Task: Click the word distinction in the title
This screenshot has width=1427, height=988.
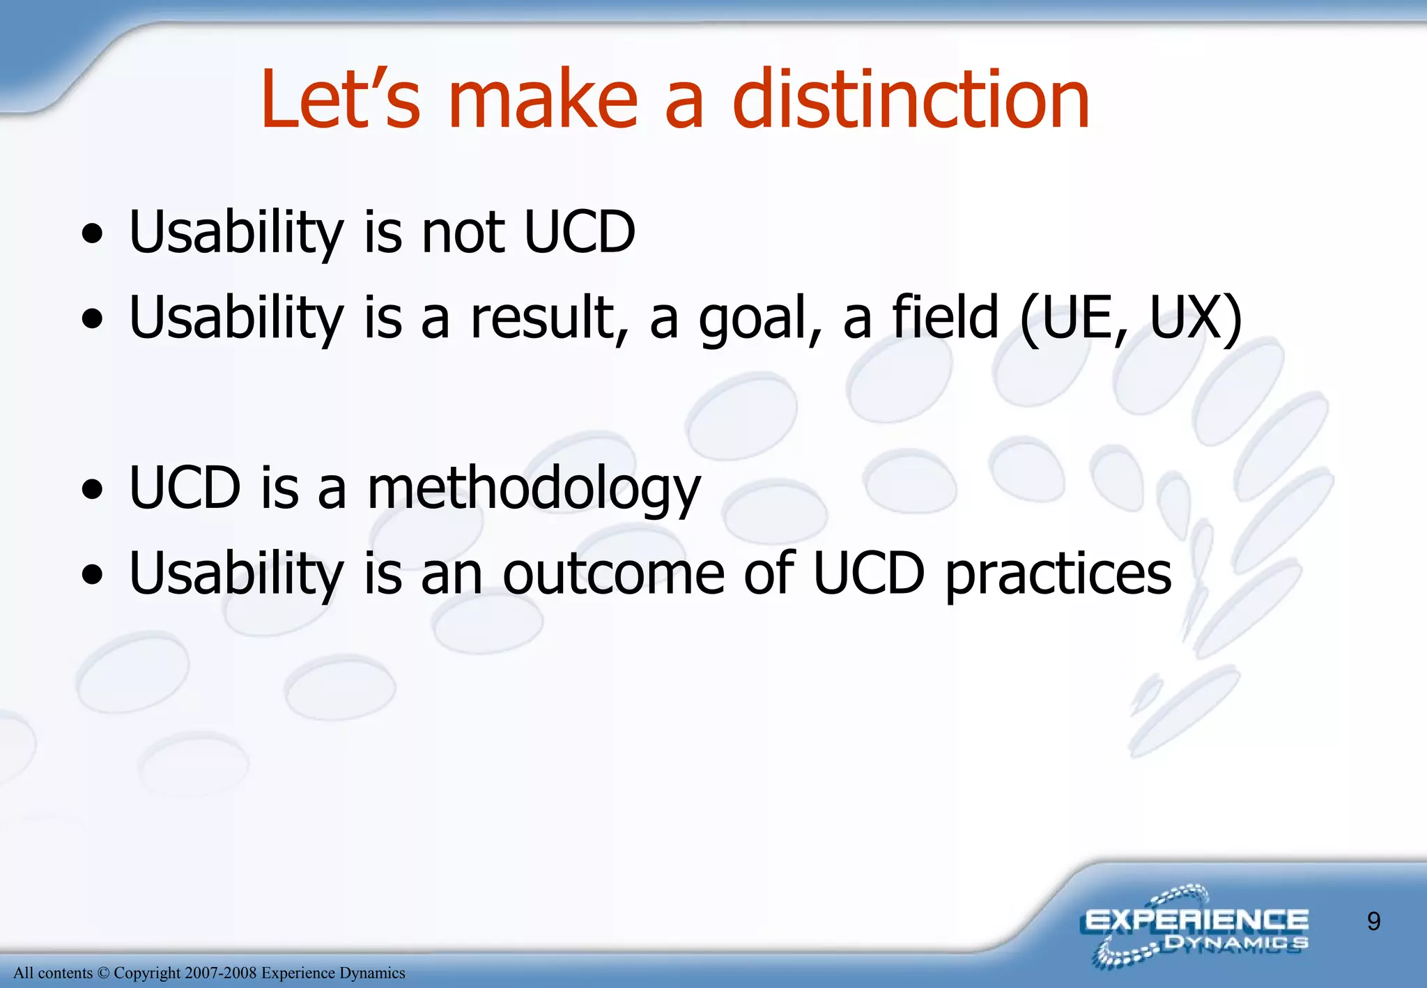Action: pos(911,100)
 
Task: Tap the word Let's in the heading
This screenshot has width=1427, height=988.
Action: pos(341,100)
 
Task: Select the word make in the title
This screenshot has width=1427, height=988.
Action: pos(543,100)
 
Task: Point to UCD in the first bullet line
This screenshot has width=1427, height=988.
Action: pos(579,232)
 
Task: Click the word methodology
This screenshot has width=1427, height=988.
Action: pos(533,490)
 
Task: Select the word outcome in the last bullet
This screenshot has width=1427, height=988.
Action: pos(613,573)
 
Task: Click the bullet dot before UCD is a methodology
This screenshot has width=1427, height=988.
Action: pos(92,490)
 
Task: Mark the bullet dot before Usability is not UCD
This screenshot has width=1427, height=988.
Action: pos(92,234)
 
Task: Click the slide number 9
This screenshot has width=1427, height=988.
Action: pos(1373,922)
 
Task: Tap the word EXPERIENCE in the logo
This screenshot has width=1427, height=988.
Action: pos(1196,920)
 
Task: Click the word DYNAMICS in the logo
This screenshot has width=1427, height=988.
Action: pos(1236,943)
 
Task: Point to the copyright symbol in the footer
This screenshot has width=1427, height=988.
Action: pos(103,973)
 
